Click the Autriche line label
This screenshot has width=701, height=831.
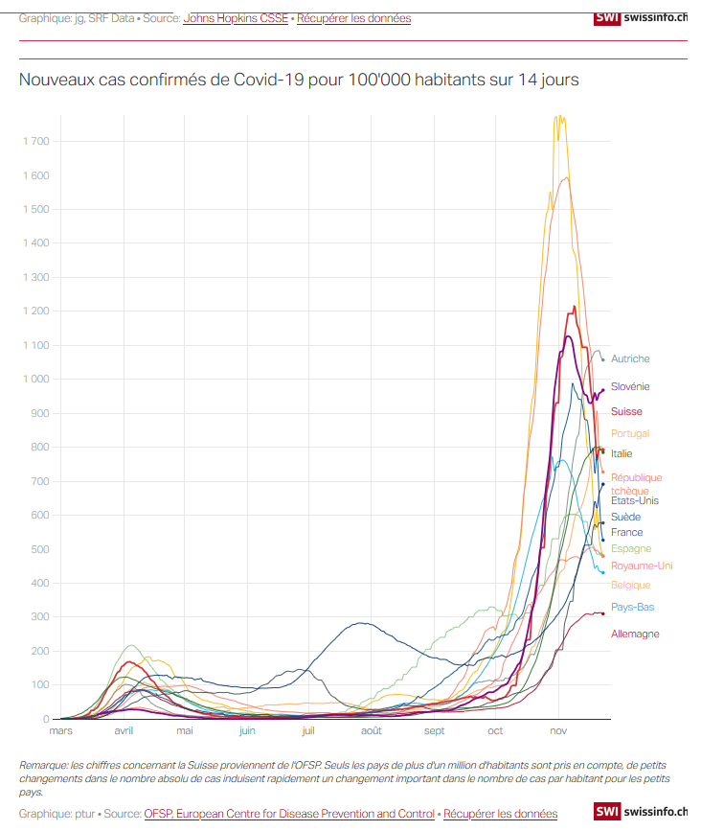point(630,358)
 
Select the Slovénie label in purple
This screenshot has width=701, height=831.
point(630,386)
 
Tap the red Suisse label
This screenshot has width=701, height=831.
point(626,411)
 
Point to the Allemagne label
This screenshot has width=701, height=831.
point(635,634)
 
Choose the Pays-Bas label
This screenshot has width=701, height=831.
point(632,607)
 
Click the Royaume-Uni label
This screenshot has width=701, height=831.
point(642,566)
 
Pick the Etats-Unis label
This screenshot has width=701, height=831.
point(635,501)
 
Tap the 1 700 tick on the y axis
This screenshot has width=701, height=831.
point(36,142)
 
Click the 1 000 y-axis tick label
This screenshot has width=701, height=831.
point(36,379)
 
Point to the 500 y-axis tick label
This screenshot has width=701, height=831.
point(39,549)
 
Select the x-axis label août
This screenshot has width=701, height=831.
point(372,730)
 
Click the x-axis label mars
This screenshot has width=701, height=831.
point(61,730)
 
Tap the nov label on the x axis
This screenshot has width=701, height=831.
point(558,730)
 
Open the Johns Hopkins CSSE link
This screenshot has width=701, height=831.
point(236,18)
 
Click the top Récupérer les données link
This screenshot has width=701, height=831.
point(353,18)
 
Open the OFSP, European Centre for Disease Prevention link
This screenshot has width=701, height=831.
point(289,814)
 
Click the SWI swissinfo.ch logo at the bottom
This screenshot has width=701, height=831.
point(641,811)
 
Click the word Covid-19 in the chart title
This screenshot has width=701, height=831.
point(268,80)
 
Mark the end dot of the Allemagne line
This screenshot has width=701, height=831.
point(602,613)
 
